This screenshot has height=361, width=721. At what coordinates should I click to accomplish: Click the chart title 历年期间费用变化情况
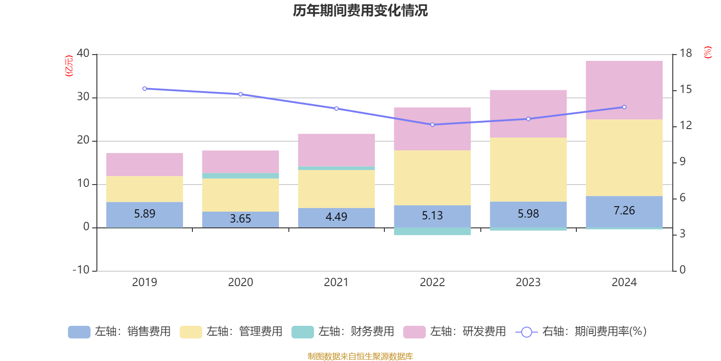(x=360, y=10)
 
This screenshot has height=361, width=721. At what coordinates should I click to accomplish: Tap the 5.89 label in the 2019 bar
(x=145, y=213)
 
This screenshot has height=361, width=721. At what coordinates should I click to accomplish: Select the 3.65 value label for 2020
(x=240, y=219)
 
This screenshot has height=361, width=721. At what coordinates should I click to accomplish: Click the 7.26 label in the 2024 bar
(x=624, y=211)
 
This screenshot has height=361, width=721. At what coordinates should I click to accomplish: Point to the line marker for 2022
(x=432, y=125)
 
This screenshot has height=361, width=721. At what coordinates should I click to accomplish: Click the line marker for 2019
(x=145, y=88)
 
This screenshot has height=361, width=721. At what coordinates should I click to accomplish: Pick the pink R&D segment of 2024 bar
(x=624, y=90)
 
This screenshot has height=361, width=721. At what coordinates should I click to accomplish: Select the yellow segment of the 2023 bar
(x=528, y=170)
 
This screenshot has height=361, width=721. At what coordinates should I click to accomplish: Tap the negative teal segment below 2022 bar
(x=432, y=231)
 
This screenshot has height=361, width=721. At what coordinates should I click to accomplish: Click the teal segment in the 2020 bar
(x=240, y=176)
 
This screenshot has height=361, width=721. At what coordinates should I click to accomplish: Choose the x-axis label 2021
(x=336, y=282)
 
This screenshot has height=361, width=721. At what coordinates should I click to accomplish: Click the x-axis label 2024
(x=624, y=282)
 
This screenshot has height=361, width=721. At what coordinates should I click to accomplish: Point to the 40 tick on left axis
(x=83, y=54)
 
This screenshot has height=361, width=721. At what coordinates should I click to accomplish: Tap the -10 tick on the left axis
(x=82, y=270)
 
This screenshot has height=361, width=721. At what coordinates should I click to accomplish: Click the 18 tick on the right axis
(x=686, y=54)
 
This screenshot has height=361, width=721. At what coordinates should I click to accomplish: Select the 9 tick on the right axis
(x=683, y=162)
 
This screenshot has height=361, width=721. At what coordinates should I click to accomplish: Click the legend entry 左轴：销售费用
(x=119, y=332)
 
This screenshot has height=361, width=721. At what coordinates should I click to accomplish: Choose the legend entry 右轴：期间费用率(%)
(x=581, y=332)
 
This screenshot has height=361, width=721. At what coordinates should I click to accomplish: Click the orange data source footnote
(x=360, y=356)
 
